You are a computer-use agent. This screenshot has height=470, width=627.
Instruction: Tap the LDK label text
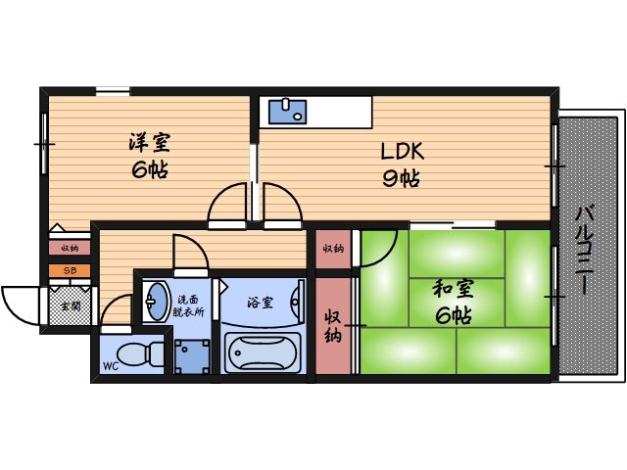pos(402,153)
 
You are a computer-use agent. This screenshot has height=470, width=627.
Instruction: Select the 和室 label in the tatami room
pos(453,289)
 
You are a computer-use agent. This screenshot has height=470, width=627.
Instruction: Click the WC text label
pos(110,369)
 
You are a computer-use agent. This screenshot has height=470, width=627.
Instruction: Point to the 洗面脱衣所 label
pos(190,305)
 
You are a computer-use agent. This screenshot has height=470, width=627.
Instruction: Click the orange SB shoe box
pos(70,270)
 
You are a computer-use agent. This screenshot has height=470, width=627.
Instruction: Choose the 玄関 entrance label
pos(71,305)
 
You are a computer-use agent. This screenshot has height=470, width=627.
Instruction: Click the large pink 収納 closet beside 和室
pos(333,326)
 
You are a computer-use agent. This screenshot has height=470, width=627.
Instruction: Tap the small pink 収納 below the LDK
pos(333,249)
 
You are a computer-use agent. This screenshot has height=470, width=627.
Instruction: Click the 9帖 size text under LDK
pos(402,179)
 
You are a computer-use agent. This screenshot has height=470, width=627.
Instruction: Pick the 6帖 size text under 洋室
pos(148,169)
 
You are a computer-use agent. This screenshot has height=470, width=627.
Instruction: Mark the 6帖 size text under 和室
pos(453,315)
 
